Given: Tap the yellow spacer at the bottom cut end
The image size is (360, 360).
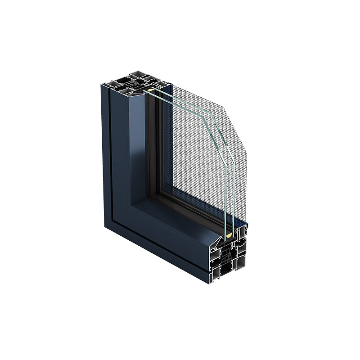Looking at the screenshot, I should point(228,234).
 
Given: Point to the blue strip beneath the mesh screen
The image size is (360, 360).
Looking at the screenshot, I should point(241,224).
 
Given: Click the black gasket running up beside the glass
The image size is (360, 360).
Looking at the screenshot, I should point(153,148).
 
